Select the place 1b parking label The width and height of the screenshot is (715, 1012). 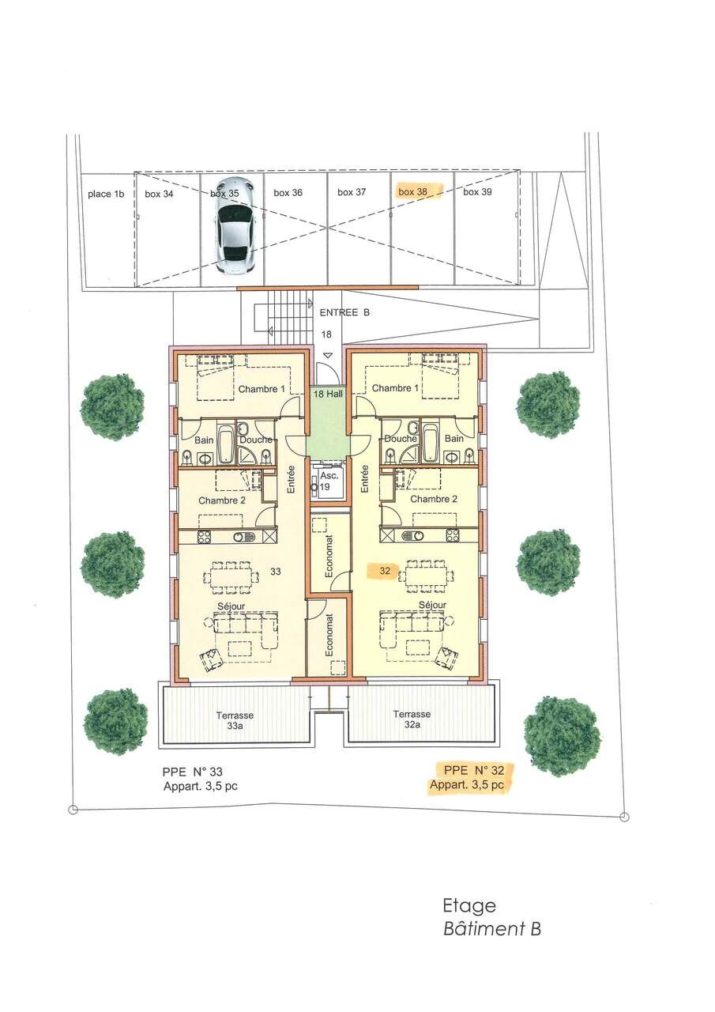pos(106,193)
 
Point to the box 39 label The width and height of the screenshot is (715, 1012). pos(477,191)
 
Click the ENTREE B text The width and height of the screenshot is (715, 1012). pos(344,313)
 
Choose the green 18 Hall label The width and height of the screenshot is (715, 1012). pos(326,393)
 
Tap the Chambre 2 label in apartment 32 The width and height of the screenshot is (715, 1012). pos(434,499)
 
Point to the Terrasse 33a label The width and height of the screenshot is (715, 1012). pos(235,719)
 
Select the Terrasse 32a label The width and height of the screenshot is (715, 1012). pos(412,719)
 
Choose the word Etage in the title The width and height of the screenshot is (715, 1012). pos(469,905)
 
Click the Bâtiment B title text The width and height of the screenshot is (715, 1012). pos(491,929)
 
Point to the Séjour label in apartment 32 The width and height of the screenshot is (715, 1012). pos(432,605)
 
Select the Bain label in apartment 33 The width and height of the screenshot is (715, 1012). pos(204,439)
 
